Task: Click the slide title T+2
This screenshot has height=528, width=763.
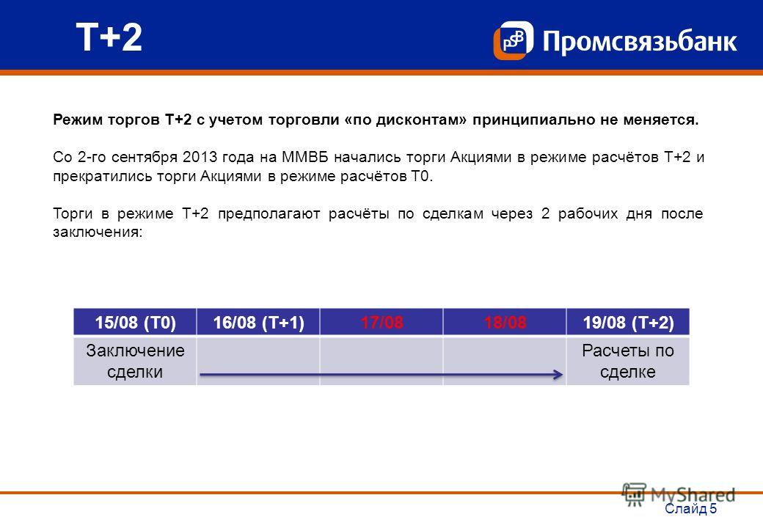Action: tap(109, 37)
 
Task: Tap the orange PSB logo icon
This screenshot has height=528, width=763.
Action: tap(513, 40)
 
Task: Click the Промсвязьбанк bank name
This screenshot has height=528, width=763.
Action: tap(640, 41)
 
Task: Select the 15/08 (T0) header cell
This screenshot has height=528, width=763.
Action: tap(135, 323)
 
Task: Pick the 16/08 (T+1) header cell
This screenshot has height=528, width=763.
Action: tap(258, 323)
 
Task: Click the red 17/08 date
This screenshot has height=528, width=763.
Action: tap(381, 323)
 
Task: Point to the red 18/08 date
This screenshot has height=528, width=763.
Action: tap(505, 323)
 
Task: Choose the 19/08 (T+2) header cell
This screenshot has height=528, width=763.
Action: tap(628, 323)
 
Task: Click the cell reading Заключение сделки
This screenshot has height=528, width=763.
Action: tap(135, 362)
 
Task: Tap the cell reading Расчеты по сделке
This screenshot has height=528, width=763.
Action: tap(628, 362)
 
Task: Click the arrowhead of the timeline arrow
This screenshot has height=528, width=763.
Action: tap(559, 374)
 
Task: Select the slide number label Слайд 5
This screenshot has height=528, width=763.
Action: tap(690, 508)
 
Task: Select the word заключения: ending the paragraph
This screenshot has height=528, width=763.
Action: tap(98, 232)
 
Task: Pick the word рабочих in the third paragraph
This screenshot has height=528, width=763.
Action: tap(588, 214)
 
